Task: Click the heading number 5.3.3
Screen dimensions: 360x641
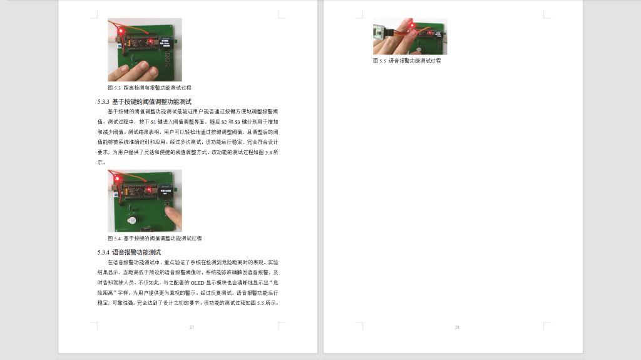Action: (103, 101)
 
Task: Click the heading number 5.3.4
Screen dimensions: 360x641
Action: (103, 252)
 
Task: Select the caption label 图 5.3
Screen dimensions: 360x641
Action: (114, 88)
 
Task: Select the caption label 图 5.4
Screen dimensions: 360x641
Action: (114, 239)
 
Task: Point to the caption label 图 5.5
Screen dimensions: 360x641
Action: (379, 61)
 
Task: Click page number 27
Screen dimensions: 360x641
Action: (192, 327)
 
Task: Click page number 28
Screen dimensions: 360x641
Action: (457, 327)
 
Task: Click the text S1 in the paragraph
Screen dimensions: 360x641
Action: (154, 121)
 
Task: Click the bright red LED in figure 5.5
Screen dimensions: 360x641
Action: (414, 26)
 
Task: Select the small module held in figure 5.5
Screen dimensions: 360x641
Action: (380, 32)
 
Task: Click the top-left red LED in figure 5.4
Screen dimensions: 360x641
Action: (117, 180)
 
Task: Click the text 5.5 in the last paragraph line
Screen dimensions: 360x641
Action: (261, 303)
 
